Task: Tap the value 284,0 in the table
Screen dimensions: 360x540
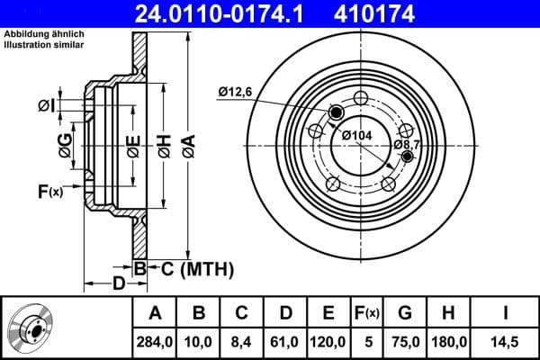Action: click(x=155, y=341)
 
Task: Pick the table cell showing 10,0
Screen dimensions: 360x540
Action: click(x=199, y=341)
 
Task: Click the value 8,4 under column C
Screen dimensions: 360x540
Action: click(x=242, y=341)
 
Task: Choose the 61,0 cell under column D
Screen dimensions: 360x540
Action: click(x=285, y=341)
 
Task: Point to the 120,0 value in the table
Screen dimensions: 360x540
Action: click(x=328, y=341)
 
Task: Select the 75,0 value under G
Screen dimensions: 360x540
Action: click(x=405, y=341)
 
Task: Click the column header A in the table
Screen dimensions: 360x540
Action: click(x=155, y=313)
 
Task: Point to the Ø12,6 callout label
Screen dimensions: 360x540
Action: click(x=237, y=90)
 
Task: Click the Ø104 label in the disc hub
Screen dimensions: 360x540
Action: click(x=357, y=134)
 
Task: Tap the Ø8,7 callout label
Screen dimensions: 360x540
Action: click(x=407, y=144)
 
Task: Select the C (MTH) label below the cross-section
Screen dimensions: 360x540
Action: click(x=197, y=268)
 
